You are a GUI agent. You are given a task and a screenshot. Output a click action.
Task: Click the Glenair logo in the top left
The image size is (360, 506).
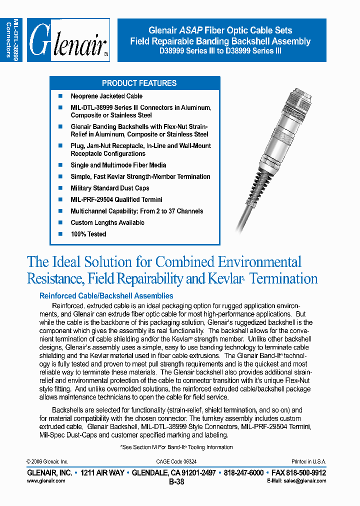point(68,40)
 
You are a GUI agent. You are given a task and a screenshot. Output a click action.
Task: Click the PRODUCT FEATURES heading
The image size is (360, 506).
point(139,83)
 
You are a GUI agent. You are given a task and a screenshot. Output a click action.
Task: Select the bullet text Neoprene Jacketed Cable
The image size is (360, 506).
point(106,96)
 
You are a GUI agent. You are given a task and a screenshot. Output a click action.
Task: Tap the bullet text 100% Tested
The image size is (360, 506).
point(88,234)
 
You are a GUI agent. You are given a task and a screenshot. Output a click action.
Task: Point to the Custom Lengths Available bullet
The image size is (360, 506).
point(107,222)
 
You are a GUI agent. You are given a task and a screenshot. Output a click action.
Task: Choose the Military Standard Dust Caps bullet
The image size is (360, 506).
point(109,188)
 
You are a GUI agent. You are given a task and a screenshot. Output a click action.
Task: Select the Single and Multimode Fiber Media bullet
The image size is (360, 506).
point(118,165)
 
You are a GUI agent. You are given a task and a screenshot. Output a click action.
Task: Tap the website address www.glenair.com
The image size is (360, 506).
point(45,480)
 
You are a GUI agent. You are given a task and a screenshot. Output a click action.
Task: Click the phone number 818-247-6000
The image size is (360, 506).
point(244,472)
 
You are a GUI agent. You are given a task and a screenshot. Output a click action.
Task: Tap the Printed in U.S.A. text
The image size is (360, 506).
point(308,461)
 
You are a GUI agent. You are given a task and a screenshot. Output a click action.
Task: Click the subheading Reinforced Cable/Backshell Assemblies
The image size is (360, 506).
point(106,296)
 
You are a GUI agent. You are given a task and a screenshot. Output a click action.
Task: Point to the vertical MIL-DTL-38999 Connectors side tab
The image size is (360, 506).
point(11,40)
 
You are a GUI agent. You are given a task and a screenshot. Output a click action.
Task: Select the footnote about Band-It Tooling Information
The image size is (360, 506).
point(176,447)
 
